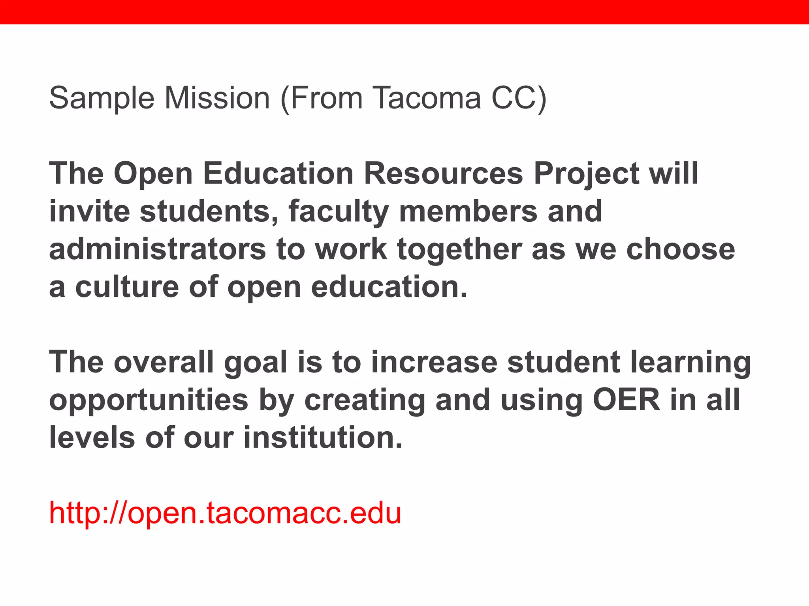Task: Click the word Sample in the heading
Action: tap(102, 98)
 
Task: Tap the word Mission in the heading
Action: tap(217, 98)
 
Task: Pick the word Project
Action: tap(586, 174)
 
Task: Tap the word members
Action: tap(468, 211)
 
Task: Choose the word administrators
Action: tap(158, 249)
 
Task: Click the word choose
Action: tap(681, 249)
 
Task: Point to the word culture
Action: tap(127, 287)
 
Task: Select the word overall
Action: tap(164, 362)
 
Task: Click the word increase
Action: tap(434, 362)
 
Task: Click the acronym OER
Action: tap(627, 400)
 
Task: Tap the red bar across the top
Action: tap(404, 12)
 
